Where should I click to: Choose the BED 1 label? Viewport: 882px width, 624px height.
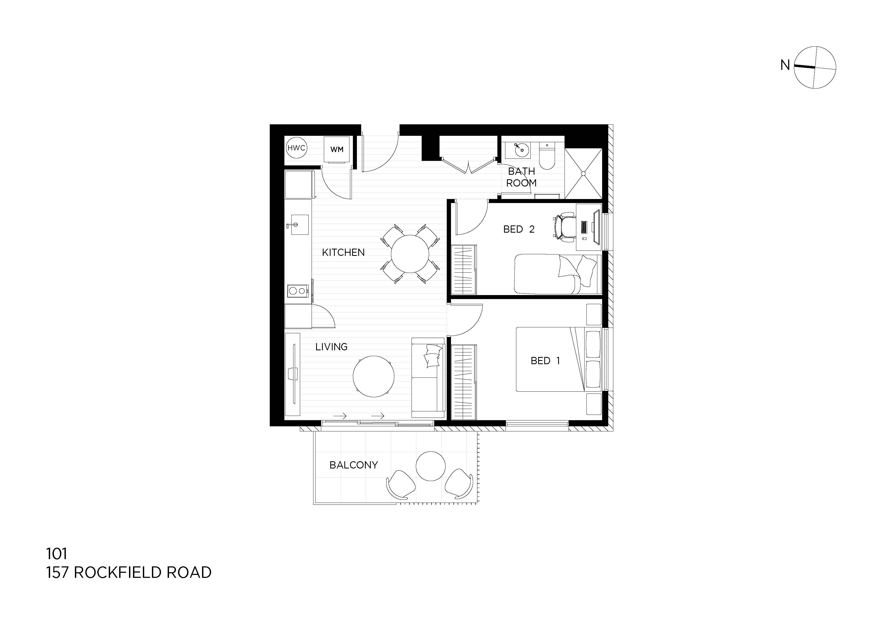545,361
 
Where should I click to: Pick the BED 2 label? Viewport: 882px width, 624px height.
519,229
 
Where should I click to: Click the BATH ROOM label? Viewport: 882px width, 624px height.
521,177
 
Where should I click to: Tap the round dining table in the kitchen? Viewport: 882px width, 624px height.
410,254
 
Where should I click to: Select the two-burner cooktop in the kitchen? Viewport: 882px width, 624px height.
298,291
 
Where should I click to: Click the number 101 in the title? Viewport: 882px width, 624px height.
57,554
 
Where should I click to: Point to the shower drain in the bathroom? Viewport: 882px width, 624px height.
583,173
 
